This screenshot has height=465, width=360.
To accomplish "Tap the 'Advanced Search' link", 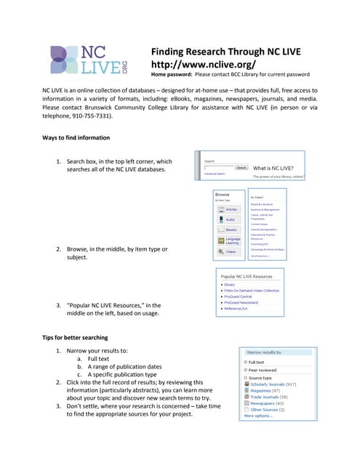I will click(x=215, y=174).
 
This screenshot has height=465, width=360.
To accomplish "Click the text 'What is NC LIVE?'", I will click(x=277, y=166).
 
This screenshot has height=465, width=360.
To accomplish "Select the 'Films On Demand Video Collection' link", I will click(x=252, y=291).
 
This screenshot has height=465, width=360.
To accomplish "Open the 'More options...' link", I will click(x=258, y=416).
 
